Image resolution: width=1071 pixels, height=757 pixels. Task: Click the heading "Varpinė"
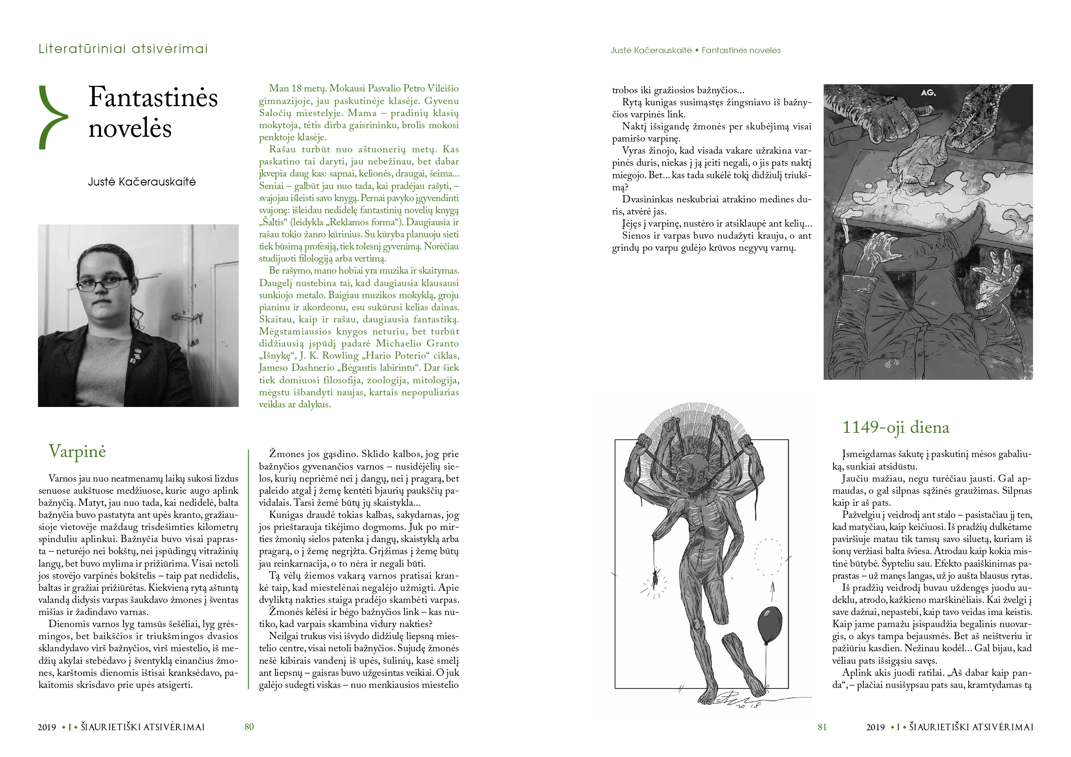77,451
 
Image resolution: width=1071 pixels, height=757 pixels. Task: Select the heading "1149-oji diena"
895,427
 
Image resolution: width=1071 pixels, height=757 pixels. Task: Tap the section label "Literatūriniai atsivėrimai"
123,49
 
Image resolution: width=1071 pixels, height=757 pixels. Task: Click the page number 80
249,727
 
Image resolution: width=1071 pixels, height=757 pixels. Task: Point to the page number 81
822,727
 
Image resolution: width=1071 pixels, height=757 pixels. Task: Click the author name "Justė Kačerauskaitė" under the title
142,182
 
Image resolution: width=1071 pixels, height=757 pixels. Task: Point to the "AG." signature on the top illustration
928,93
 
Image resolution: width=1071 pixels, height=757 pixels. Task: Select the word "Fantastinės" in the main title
153,98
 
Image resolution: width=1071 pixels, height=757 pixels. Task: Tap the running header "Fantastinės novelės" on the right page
741,50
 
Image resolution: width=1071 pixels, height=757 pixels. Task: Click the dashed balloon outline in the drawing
768,557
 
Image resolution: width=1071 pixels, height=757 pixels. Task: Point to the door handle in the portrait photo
189,318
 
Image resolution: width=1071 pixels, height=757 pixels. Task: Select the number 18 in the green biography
297,88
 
